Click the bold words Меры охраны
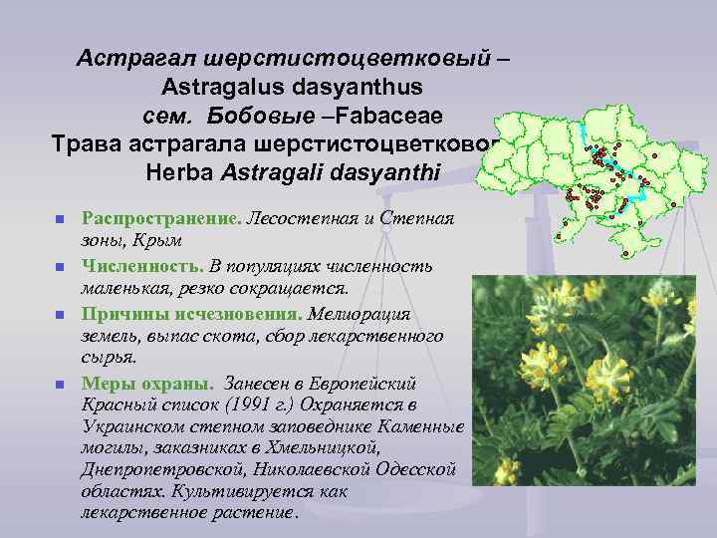tap(145, 384)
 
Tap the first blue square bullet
tap(59, 219)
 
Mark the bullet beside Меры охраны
tap(59, 385)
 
